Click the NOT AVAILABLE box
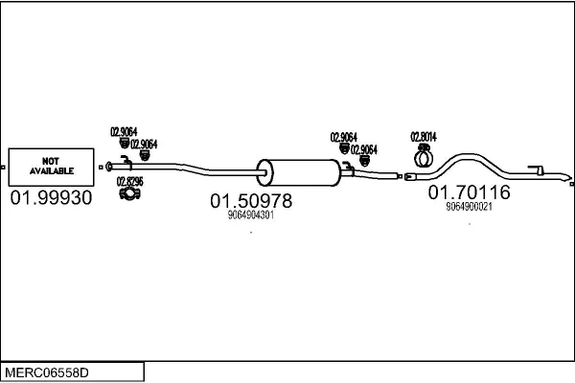coord(52,165)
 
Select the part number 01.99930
coord(52,198)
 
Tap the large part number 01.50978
coord(251,201)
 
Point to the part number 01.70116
coord(469,192)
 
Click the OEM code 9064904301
coord(251,215)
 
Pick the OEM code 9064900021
coord(469,206)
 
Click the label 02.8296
coord(129,180)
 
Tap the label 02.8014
coord(423,136)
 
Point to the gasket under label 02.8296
coord(129,195)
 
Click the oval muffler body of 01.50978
coord(300,172)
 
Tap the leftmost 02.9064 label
coord(124,132)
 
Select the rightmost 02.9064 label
coord(363,149)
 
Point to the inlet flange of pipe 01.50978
coord(107,166)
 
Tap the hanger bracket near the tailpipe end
coord(540,170)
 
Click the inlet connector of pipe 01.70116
coord(410,176)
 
